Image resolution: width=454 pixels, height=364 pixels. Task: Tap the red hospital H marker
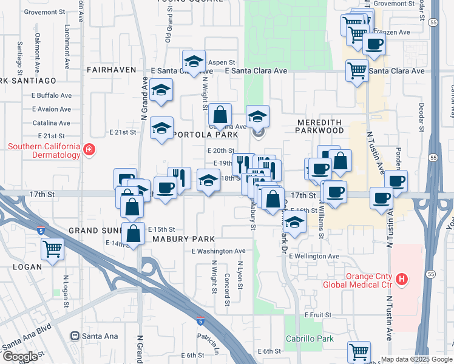tap(401, 280)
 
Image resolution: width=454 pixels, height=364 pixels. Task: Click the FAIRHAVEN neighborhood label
tap(111, 70)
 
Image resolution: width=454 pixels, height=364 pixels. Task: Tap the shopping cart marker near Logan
tap(52, 248)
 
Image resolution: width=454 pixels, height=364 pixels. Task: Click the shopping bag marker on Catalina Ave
tap(220, 113)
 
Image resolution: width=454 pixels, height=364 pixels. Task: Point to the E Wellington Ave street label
tap(314, 257)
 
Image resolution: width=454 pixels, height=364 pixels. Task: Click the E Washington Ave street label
tap(219, 251)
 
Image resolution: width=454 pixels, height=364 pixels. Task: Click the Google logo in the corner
tap(21, 357)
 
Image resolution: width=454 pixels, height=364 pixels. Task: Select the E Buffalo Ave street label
tap(52, 95)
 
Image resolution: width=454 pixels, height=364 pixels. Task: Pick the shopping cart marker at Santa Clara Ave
tap(357, 69)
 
